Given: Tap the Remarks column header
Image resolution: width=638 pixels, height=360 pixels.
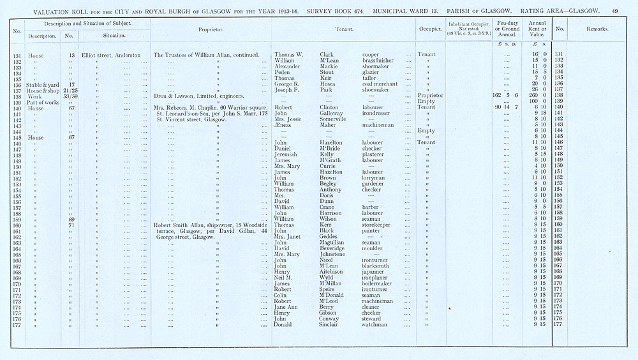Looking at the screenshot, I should click(x=597, y=29).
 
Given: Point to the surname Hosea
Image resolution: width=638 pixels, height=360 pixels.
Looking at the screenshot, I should click(x=327, y=84).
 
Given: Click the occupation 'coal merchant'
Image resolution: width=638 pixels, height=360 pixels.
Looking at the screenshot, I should click(x=382, y=84).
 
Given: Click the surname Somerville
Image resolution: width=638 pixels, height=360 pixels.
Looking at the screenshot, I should click(x=334, y=119).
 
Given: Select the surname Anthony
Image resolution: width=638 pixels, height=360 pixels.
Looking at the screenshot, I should click(x=330, y=190).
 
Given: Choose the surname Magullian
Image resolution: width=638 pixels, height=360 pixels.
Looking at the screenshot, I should click(x=335, y=243).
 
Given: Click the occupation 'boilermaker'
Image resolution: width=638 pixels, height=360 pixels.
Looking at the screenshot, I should click(x=378, y=283).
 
